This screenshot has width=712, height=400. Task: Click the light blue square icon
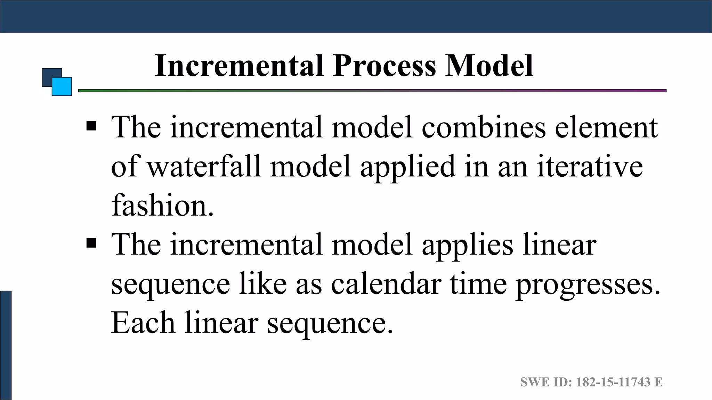click(x=62, y=86)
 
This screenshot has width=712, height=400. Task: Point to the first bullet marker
click(x=91, y=126)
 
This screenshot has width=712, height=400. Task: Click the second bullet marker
click(x=91, y=243)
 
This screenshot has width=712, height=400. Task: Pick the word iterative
click(x=590, y=166)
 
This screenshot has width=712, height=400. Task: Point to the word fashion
click(x=162, y=205)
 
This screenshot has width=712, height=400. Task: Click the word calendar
click(x=386, y=284)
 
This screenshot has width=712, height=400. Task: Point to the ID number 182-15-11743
click(x=613, y=382)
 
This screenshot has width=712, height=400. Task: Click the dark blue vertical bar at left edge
click(x=6, y=345)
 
